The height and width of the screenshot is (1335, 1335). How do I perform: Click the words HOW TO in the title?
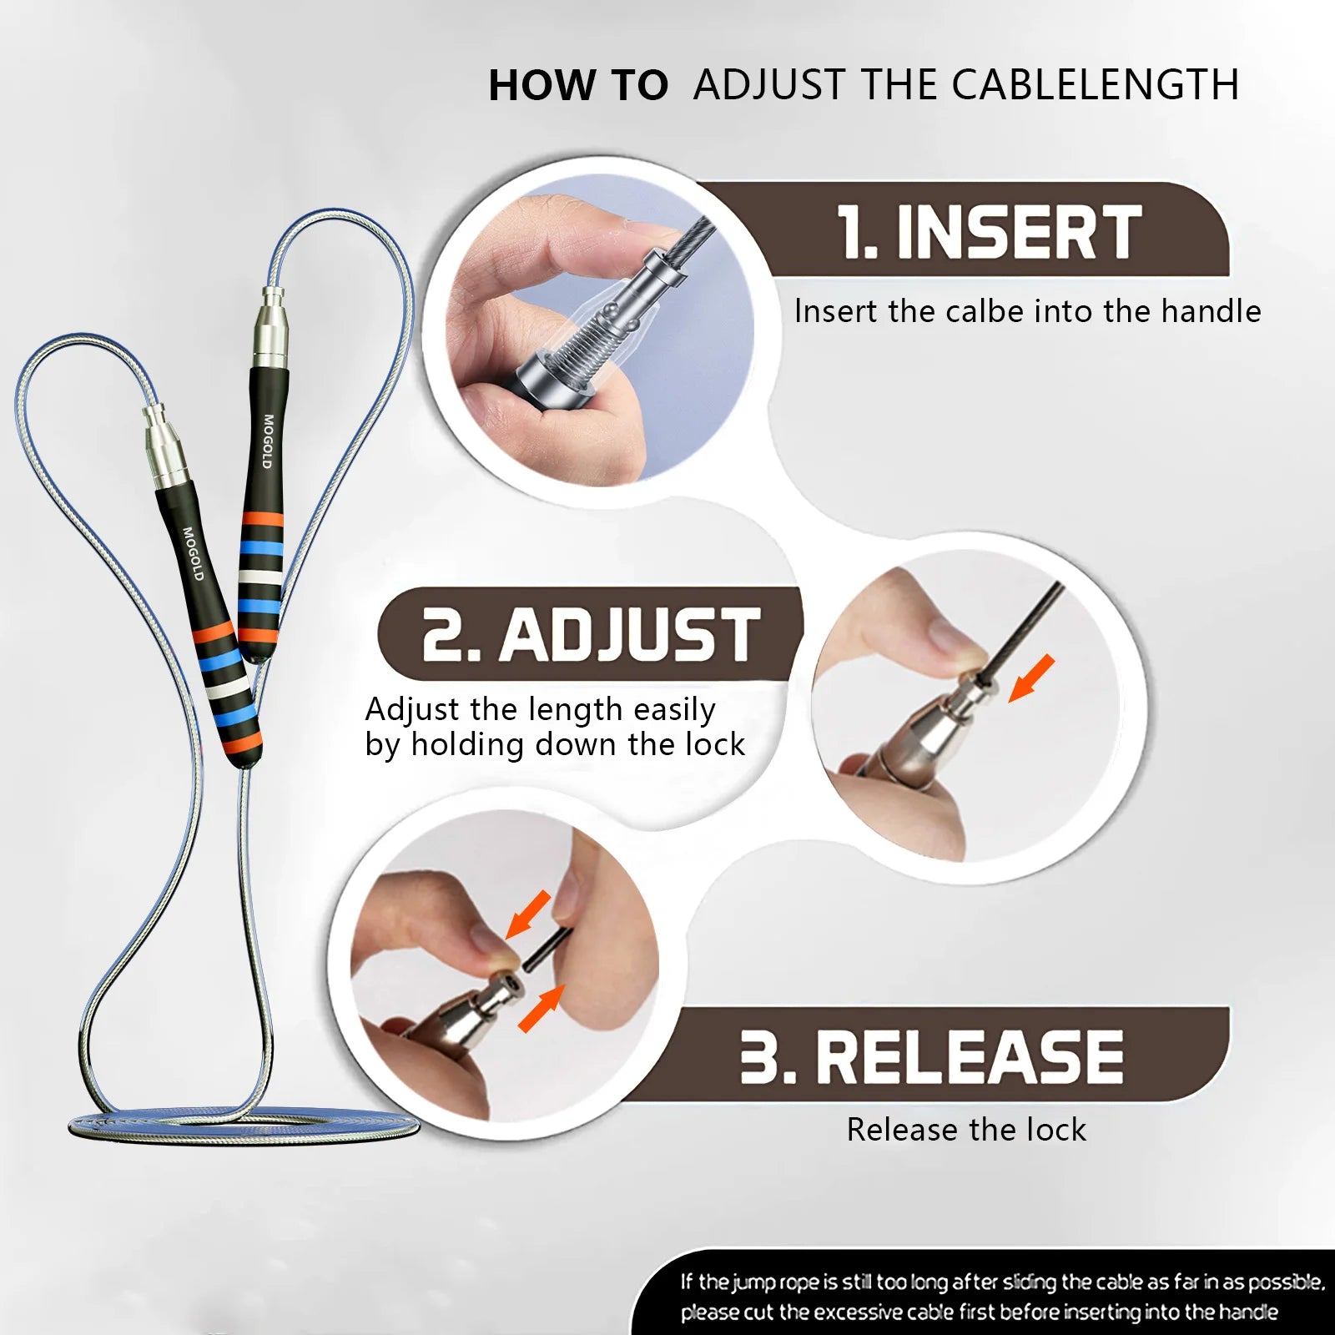coord(577,85)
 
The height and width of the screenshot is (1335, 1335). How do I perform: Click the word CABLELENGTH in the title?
coord(1095,85)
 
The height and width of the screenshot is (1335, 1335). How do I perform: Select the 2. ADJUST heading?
coord(591,635)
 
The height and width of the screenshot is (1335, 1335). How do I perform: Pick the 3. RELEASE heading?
coord(931,1056)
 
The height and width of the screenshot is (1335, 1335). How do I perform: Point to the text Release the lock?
coord(966,1130)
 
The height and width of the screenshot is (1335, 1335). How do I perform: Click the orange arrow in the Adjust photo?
coord(1031,678)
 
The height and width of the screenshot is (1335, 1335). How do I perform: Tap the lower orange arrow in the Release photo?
coord(541,1008)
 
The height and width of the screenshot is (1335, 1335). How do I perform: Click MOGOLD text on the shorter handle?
coord(193,553)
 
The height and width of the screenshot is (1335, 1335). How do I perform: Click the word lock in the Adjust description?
coord(715,744)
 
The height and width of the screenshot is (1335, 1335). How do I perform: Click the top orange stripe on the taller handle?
coord(262,521)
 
